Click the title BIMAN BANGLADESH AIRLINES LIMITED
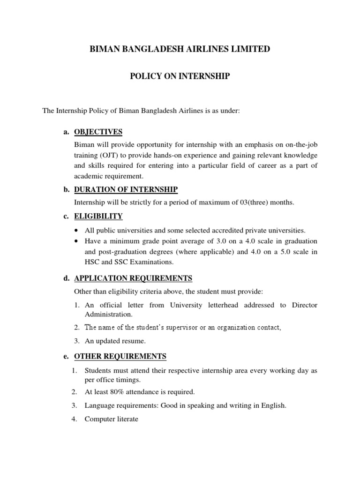coord(180,48)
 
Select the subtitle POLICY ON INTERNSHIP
coord(180,76)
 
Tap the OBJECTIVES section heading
coord(98,131)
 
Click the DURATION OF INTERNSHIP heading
coord(126,189)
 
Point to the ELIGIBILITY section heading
coord(98,216)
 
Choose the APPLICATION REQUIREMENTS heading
coord(133,278)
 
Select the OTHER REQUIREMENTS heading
coord(120,357)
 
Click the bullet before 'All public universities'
coord(77,231)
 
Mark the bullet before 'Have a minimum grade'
coord(77,241)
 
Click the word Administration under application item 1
coord(106,315)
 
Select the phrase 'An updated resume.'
coord(112,341)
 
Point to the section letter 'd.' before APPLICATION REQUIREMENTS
coord(67,278)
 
